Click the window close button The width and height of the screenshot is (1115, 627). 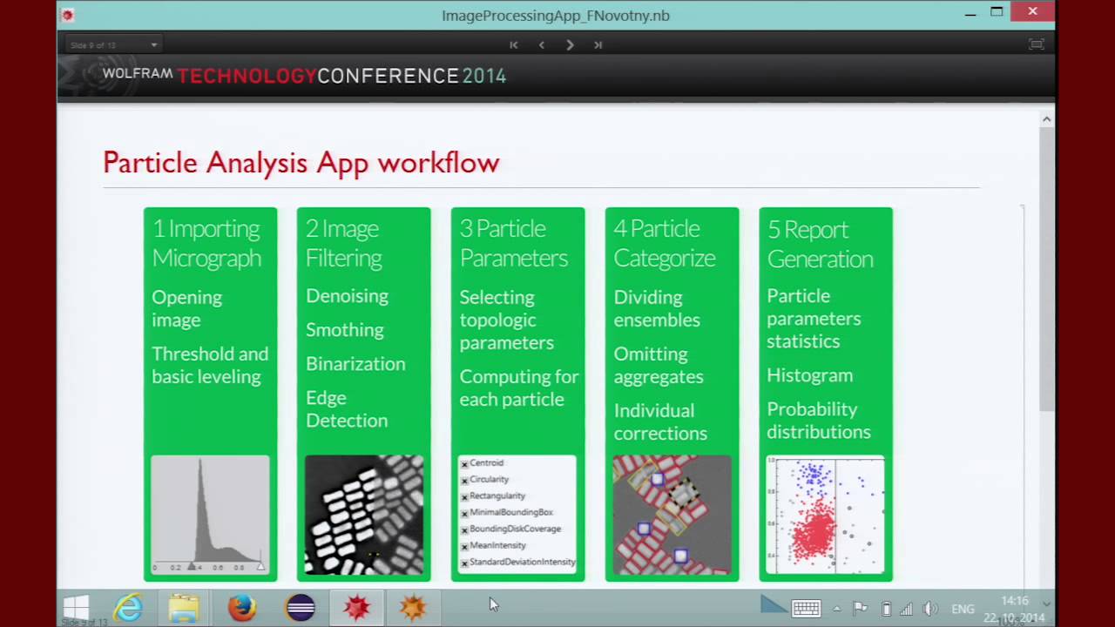point(1032,12)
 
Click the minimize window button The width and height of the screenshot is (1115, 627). point(970,13)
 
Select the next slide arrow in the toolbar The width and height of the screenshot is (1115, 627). point(570,44)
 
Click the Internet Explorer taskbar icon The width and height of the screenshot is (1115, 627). point(129,607)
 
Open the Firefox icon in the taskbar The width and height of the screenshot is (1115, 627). point(242,607)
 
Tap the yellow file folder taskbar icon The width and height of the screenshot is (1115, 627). point(184,607)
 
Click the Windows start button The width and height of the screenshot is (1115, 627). point(76,607)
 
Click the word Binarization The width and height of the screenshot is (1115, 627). point(355,364)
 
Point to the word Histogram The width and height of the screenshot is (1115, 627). point(809,375)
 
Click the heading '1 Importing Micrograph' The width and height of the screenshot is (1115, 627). point(206,243)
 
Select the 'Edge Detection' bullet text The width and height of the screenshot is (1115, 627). point(347,409)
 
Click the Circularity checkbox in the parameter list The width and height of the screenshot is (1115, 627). point(465,481)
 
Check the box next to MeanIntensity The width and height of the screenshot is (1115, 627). point(465,546)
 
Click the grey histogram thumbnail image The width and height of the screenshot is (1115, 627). point(210,514)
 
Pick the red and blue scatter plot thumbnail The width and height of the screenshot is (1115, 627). point(825,515)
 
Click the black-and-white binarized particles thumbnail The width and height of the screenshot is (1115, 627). point(364,515)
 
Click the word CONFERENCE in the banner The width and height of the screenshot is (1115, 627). point(388,76)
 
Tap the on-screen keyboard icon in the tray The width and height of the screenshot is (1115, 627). point(806,609)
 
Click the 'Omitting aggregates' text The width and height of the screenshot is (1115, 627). point(659,365)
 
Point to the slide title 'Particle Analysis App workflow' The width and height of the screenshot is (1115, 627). point(301,163)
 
